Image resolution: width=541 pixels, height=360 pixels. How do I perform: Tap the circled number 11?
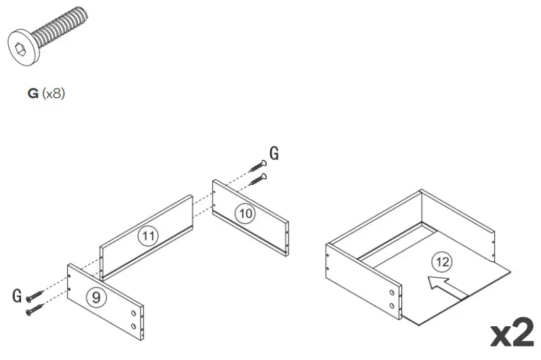(147, 236)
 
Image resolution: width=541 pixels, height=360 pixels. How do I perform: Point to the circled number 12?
(443, 261)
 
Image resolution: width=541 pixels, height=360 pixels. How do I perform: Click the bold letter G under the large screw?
(33, 94)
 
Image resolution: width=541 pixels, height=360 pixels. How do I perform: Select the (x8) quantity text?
(53, 94)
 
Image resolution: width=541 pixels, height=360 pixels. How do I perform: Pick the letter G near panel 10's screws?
(274, 154)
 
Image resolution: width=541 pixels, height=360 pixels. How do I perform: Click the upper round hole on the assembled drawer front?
(392, 292)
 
